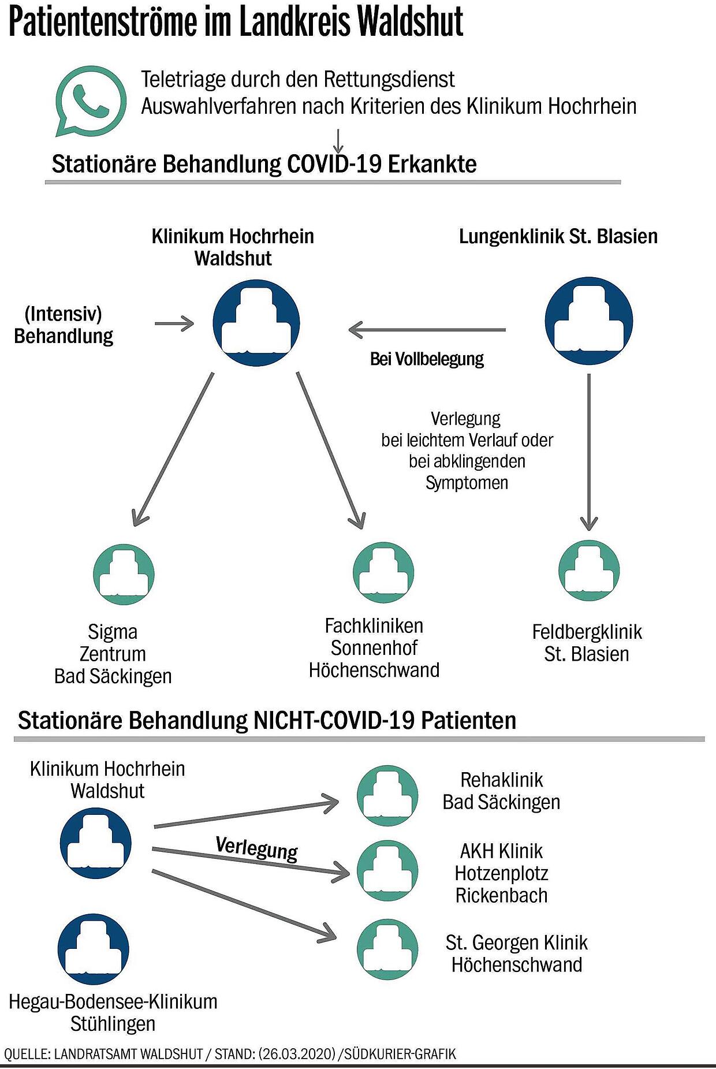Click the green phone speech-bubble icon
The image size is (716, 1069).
(x=91, y=101)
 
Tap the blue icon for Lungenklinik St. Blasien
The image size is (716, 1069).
(x=589, y=321)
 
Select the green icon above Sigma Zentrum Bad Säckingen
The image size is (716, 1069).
(x=124, y=574)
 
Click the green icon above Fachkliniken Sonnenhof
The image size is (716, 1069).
(x=383, y=572)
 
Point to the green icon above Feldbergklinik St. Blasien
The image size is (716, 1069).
(x=589, y=571)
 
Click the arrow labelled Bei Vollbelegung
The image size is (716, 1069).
(x=427, y=330)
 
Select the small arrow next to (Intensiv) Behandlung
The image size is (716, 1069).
(x=174, y=323)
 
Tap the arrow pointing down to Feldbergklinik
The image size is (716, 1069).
(x=589, y=452)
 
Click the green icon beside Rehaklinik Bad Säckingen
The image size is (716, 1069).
(x=387, y=796)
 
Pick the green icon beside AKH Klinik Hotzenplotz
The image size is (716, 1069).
(x=387, y=871)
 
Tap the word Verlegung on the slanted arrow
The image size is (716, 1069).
(x=257, y=849)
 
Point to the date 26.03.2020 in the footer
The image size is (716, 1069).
(x=297, y=1054)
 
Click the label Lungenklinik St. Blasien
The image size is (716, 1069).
(x=558, y=236)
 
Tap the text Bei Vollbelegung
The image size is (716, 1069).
(x=427, y=359)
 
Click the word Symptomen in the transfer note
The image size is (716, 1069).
(x=467, y=483)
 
